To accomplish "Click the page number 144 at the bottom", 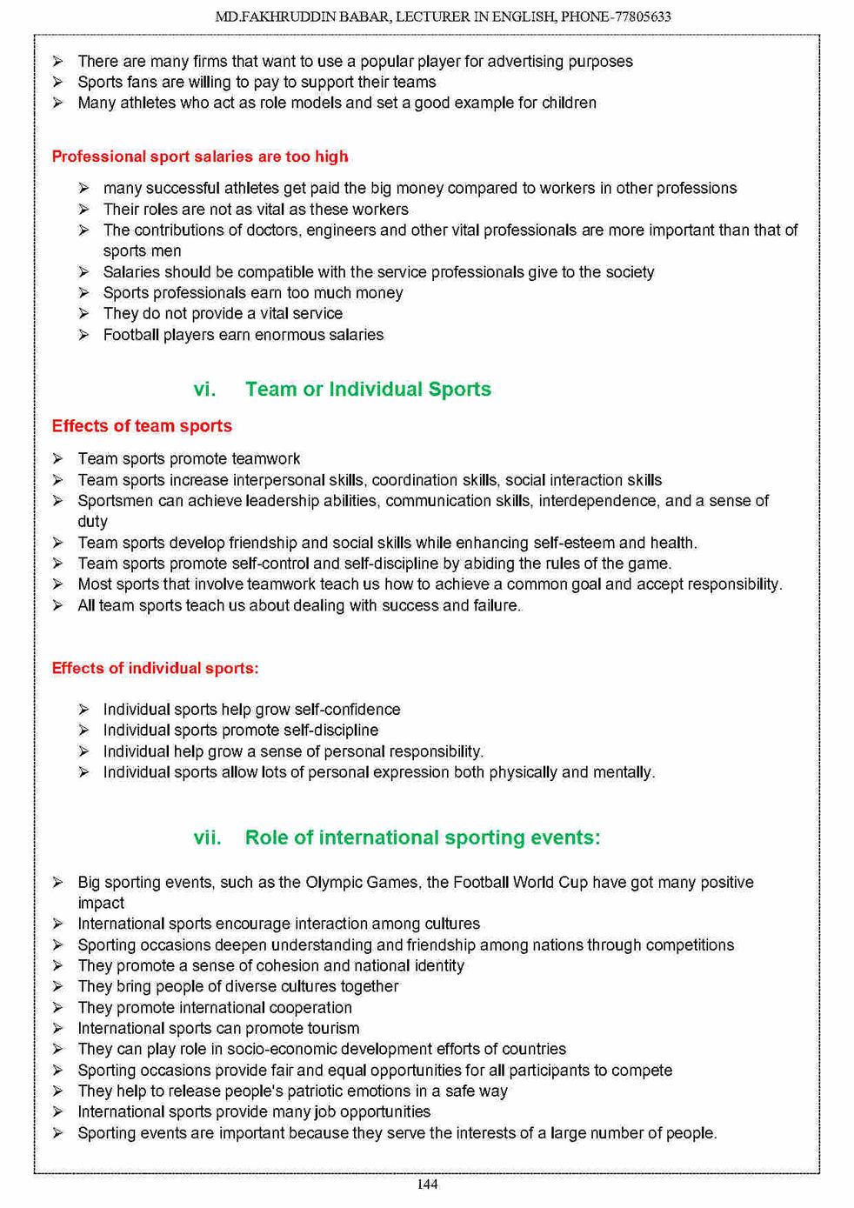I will click(427, 1184).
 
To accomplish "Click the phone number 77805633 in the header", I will click(641, 17).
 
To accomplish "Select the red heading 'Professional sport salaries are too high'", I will click(200, 157).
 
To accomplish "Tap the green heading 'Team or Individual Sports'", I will click(368, 389).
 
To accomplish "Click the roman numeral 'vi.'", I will click(204, 389).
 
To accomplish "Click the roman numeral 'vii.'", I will click(207, 838).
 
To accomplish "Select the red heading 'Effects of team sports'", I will click(142, 426).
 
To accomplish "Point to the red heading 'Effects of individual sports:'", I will click(155, 668).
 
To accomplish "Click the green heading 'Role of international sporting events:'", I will click(423, 838).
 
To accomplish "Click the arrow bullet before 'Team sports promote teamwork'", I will click(57, 458).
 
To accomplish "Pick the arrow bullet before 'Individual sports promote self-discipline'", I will click(83, 731).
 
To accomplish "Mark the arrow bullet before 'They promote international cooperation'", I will click(57, 1007).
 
